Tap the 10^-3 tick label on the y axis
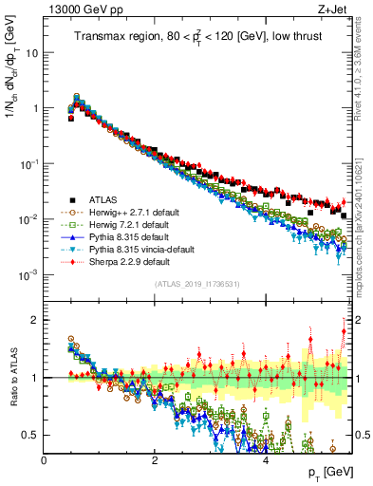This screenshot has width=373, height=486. pyautogui.click(x=28, y=275)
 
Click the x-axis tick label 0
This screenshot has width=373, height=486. pyautogui.click(x=44, y=458)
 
